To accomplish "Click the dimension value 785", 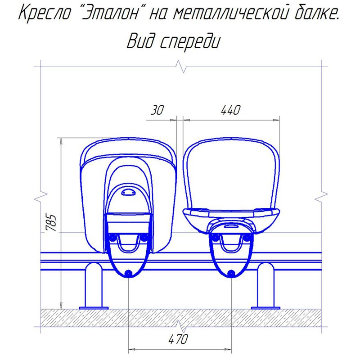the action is tap(51, 223).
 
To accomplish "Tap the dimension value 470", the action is tap(178, 339).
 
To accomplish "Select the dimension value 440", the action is tap(230, 110).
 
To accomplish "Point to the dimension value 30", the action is tap(157, 110).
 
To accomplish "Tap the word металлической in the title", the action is tap(229, 13).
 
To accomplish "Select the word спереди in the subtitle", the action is tap(189, 41).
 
